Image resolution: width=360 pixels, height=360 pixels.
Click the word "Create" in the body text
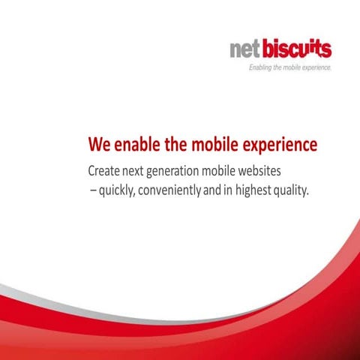point(104,169)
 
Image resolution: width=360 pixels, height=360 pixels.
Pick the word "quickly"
point(115,190)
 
